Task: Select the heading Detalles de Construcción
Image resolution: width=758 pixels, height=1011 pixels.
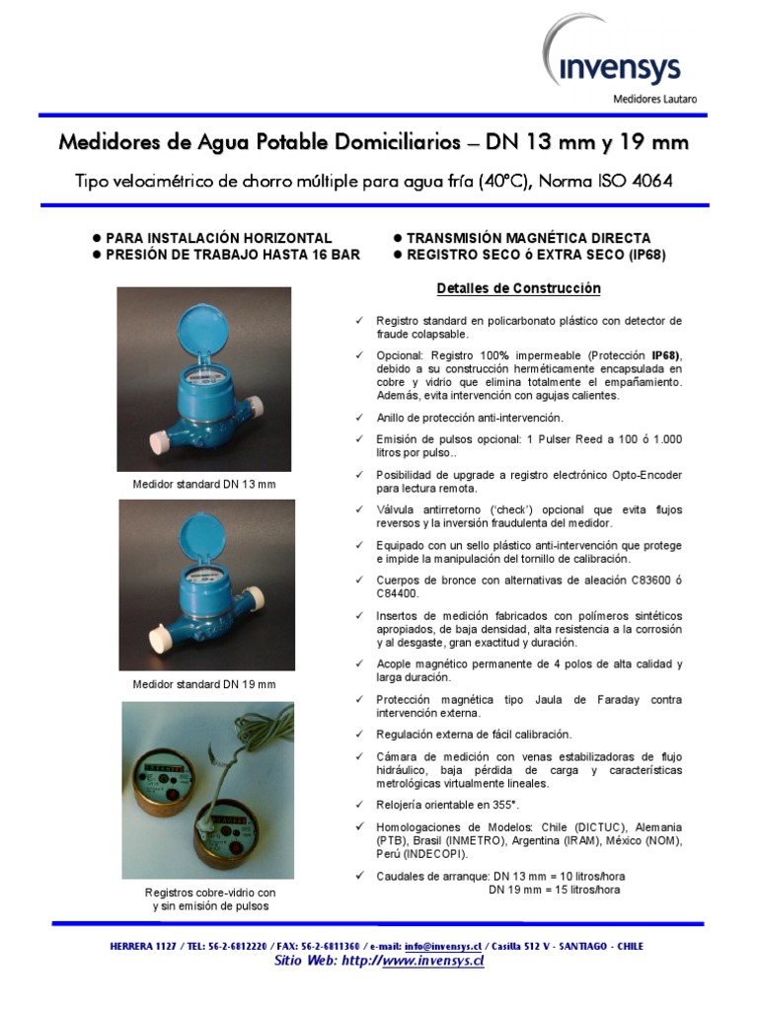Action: pyautogui.click(x=519, y=288)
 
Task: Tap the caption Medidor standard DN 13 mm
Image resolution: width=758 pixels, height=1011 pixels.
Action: pyautogui.click(x=204, y=485)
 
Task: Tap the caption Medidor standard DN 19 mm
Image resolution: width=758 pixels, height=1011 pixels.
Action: pyautogui.click(x=204, y=683)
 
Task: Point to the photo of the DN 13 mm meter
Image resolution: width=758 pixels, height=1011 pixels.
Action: pyautogui.click(x=204, y=379)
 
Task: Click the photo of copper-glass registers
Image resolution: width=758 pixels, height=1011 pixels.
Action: pyautogui.click(x=207, y=790)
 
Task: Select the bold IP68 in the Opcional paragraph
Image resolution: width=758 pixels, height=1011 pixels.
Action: pyautogui.click(x=664, y=354)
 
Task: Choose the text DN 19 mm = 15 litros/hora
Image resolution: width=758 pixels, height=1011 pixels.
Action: pyautogui.click(x=555, y=890)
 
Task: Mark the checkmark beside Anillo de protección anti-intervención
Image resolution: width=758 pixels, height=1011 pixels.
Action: pyautogui.click(x=359, y=418)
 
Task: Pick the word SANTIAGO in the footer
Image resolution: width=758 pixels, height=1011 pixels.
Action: pyautogui.click(x=570, y=946)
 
